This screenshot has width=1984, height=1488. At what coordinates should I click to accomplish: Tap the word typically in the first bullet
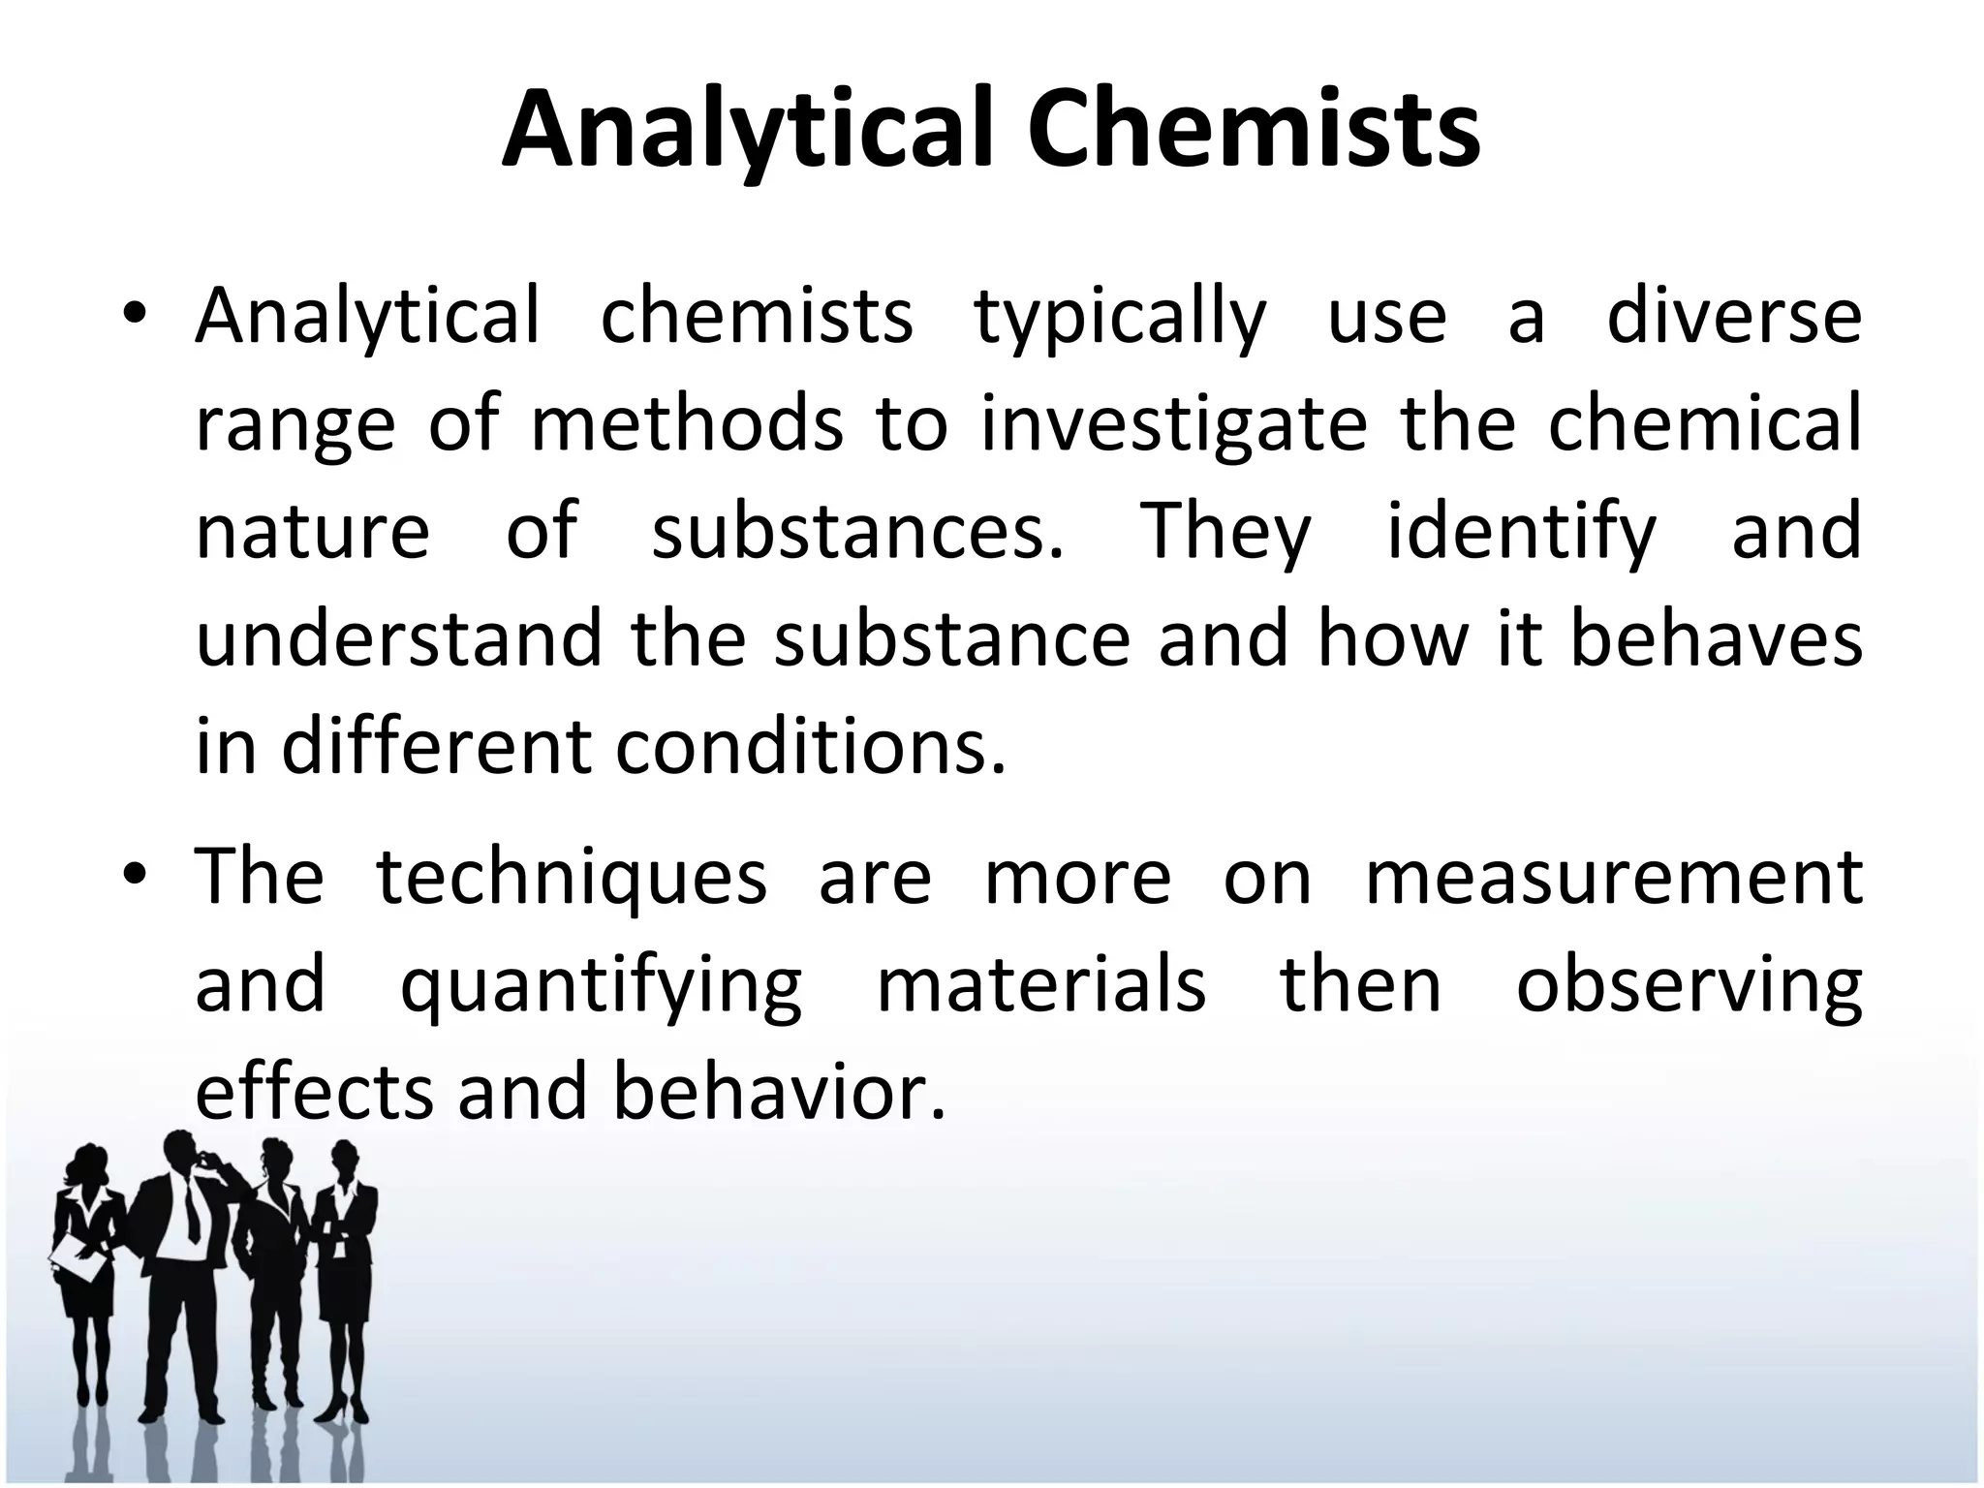[x=1119, y=319]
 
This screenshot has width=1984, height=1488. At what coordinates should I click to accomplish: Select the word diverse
[x=1733, y=317]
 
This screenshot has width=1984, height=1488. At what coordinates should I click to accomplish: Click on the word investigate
[x=1174, y=427]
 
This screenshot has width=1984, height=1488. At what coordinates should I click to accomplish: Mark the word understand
[x=399, y=639]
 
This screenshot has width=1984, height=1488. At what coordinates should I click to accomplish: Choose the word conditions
[x=810, y=748]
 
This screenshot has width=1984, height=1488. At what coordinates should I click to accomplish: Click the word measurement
[x=1613, y=877]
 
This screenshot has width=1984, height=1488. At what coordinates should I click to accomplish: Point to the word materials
[x=1041, y=984]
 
